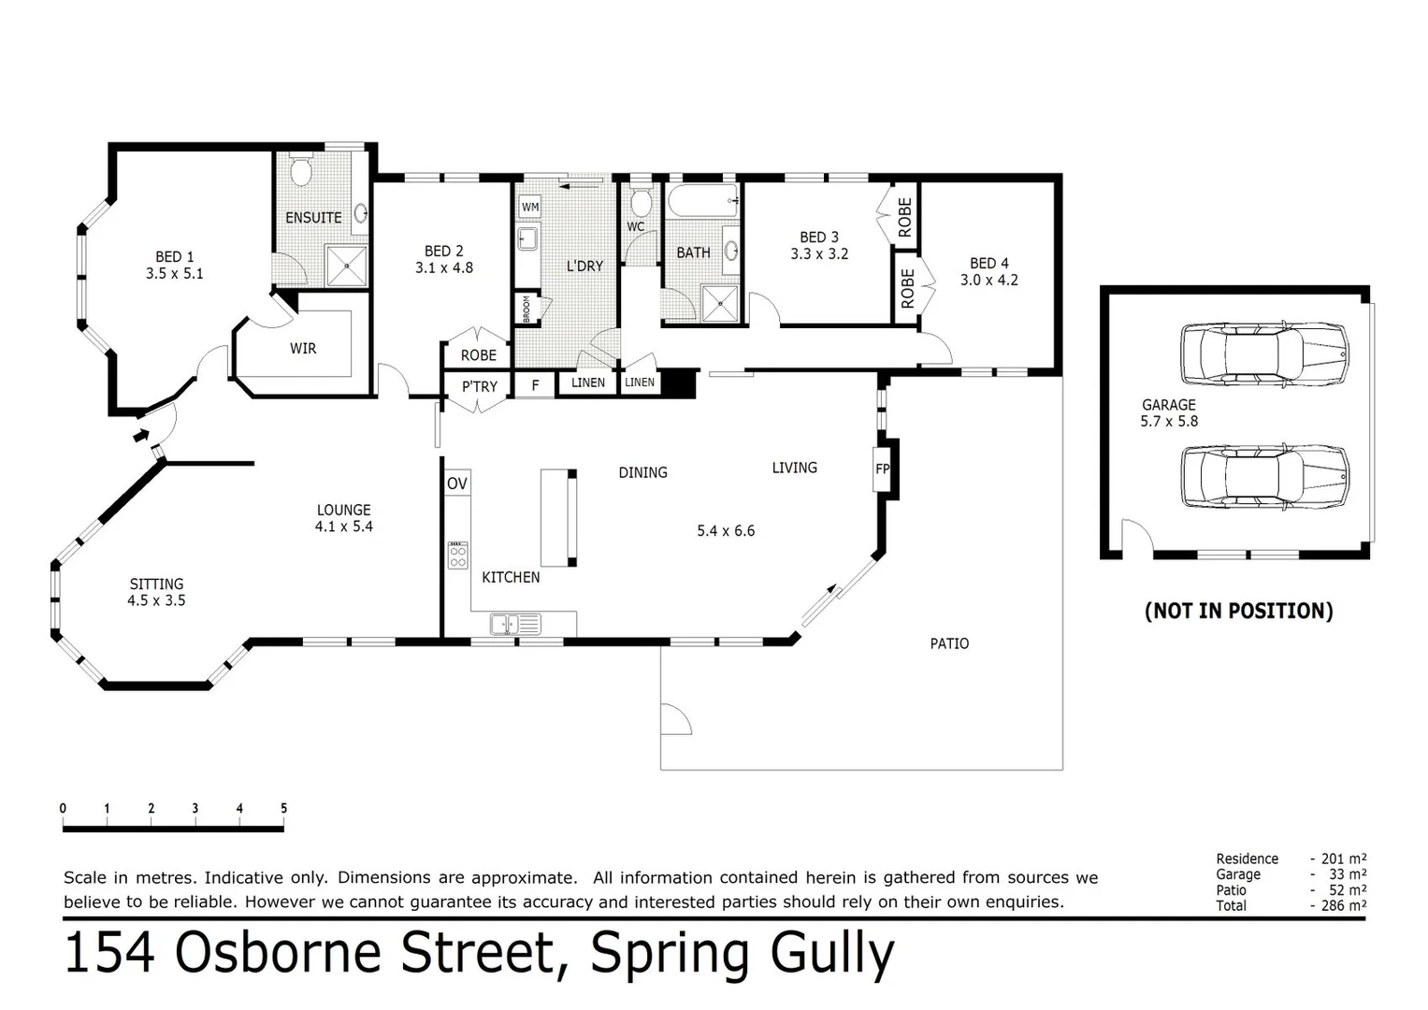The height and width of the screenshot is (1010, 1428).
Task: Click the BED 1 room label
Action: (x=174, y=257)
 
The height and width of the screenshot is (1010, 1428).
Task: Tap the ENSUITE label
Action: (x=313, y=218)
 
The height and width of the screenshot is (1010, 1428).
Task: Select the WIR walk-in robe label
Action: (x=303, y=349)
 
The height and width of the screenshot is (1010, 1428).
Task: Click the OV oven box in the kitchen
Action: (x=457, y=483)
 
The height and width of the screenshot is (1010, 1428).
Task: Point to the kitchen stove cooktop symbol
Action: (x=457, y=555)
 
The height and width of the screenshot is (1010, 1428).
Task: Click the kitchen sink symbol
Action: (x=514, y=624)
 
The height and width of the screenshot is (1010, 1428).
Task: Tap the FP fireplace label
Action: (x=882, y=469)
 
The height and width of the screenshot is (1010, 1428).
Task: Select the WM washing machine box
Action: (x=529, y=208)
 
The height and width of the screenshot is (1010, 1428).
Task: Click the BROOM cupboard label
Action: (x=526, y=309)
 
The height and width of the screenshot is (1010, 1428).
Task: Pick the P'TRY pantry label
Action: (x=480, y=387)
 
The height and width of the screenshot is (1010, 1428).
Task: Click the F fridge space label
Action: (x=535, y=385)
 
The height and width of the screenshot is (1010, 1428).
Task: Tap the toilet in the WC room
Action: (x=641, y=201)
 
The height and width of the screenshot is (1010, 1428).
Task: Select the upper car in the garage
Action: (x=1264, y=354)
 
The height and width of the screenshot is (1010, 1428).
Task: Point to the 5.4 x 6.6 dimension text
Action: (x=726, y=531)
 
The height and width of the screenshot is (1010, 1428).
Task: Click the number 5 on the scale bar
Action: (x=283, y=809)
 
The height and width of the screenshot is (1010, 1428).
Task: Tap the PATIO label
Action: (x=949, y=643)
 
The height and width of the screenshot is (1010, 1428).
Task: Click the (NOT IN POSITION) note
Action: (x=1238, y=612)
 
